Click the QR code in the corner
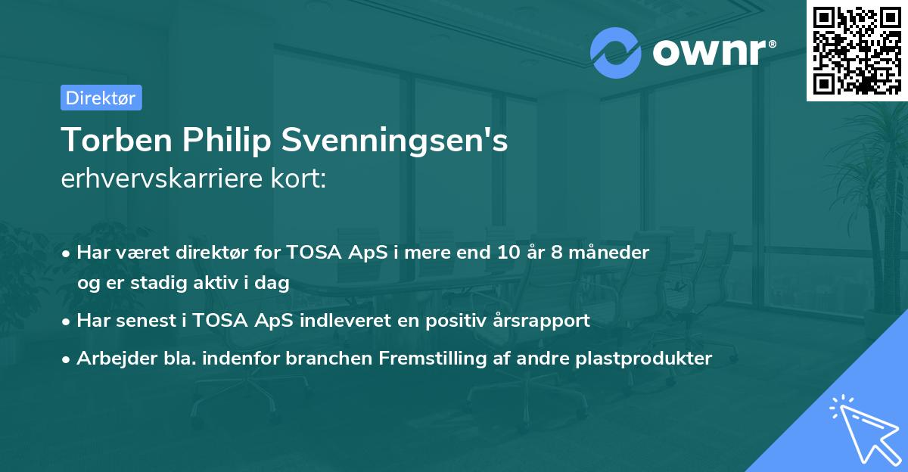[857, 50]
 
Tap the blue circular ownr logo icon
[616, 52]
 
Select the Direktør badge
[101, 98]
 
